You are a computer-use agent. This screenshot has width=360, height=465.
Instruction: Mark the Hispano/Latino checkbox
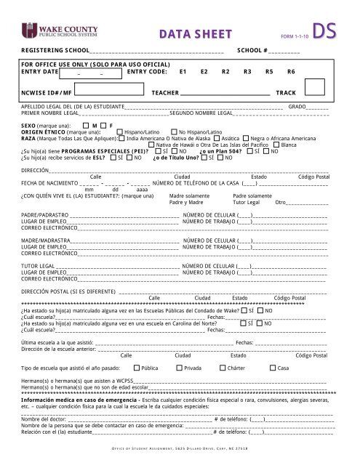(x=121, y=132)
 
